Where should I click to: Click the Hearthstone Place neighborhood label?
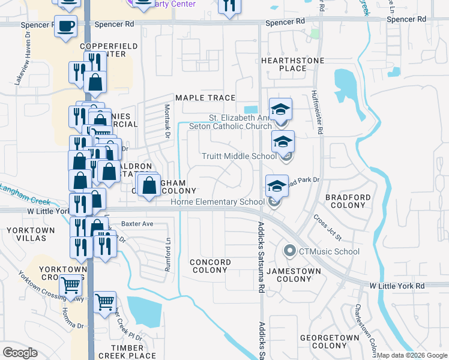click(292, 65)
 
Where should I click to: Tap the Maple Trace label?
click(205, 98)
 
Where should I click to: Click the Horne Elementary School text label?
click(217, 202)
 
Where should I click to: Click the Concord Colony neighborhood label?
click(210, 266)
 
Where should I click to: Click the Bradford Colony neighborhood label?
click(348, 201)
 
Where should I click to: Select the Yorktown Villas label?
click(26, 234)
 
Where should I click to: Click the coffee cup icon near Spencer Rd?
click(65, 26)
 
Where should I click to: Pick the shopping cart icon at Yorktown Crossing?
click(71, 286)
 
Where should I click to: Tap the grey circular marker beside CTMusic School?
click(290, 251)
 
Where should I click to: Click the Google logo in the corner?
click(20, 353)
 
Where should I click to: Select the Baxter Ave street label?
click(137, 224)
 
